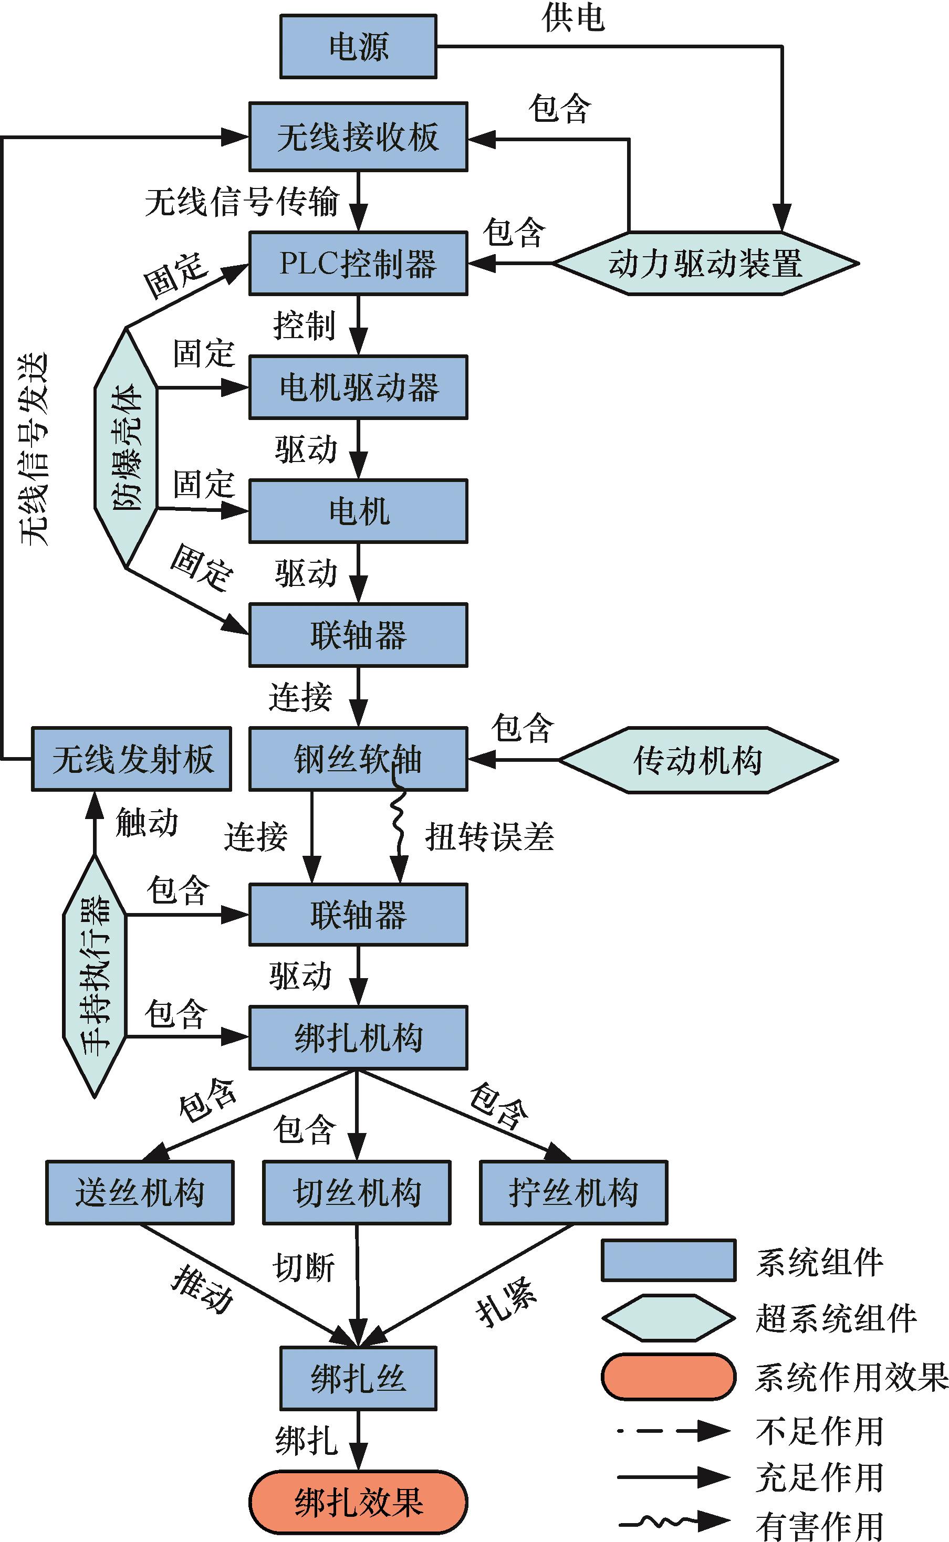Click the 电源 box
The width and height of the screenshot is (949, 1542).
358,47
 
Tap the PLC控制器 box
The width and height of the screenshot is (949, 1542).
358,264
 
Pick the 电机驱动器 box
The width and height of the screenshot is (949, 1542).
358,387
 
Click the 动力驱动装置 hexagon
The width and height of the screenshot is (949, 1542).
705,264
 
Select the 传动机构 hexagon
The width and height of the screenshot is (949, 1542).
698,760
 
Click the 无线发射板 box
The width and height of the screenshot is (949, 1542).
132,759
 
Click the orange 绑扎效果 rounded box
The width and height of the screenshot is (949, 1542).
358,1503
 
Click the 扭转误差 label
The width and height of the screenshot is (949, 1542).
489,837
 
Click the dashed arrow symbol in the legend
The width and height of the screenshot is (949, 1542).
673,1431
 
